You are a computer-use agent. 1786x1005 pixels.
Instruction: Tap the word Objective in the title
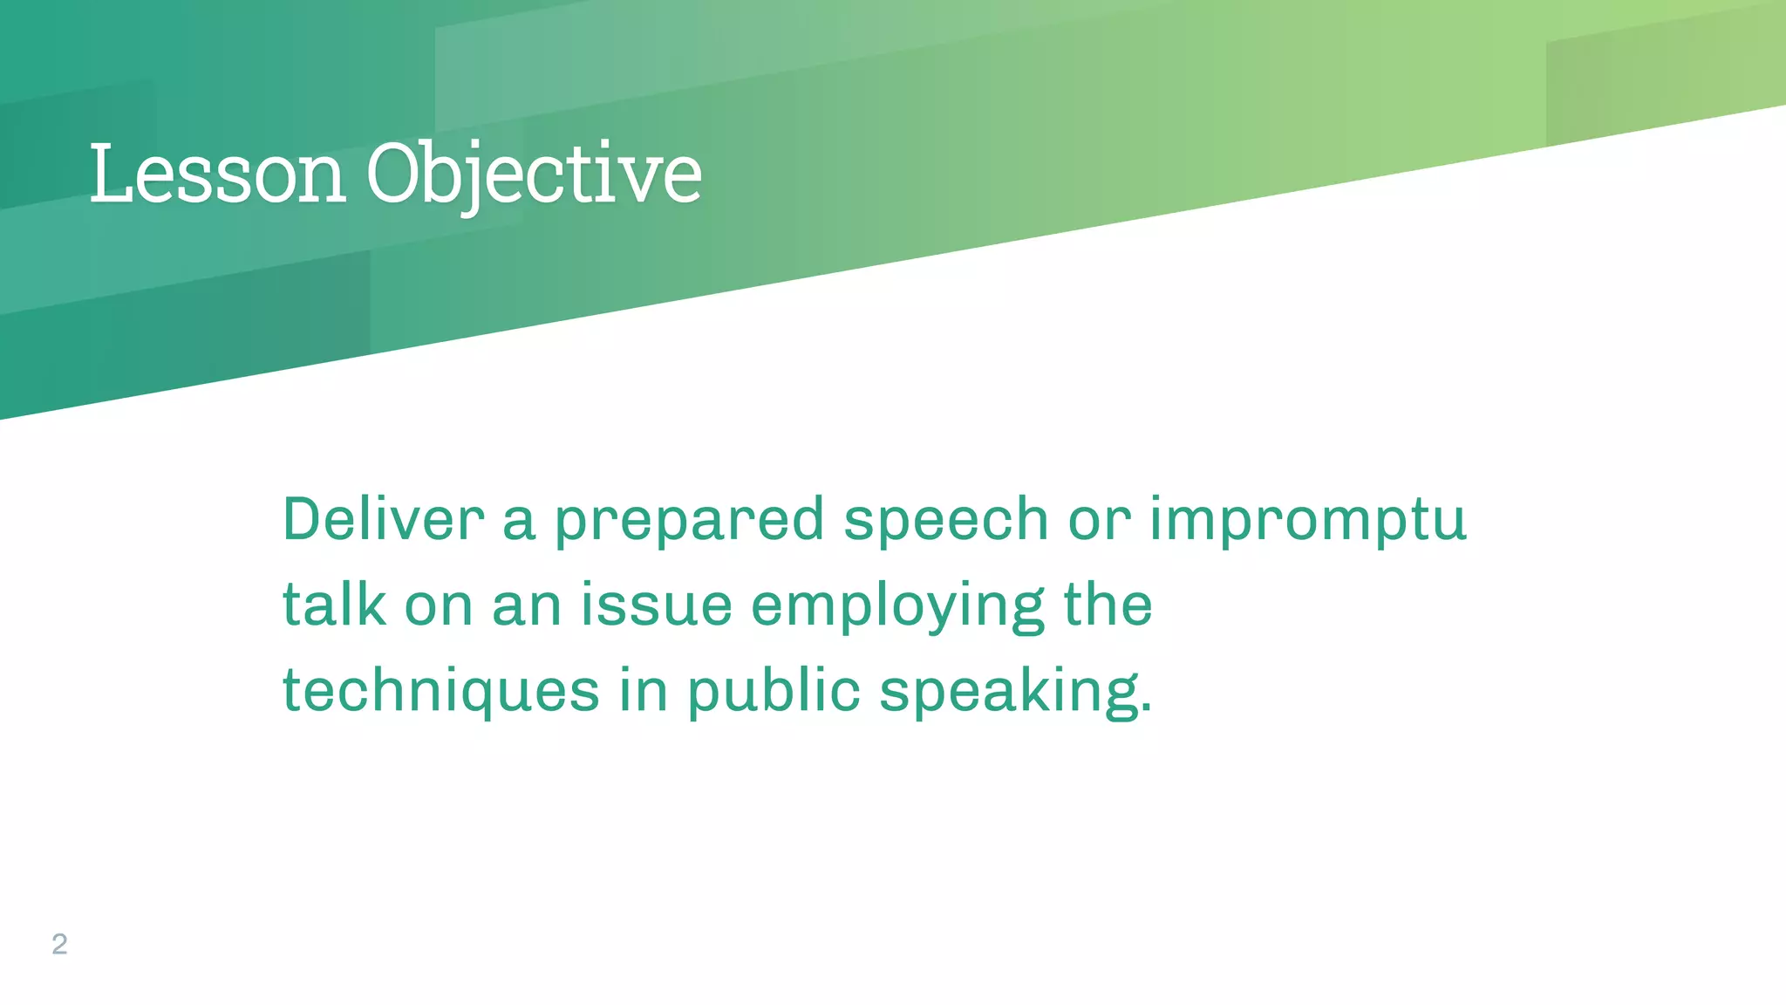click(534, 174)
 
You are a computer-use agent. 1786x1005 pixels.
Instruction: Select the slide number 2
click(59, 944)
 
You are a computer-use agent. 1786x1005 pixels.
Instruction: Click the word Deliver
click(383, 519)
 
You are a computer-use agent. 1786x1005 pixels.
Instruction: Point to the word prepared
click(689, 521)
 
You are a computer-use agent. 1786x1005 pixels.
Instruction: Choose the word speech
click(946, 521)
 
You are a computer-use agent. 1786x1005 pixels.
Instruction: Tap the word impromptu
click(1308, 521)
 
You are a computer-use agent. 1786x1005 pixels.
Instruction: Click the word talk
click(334, 605)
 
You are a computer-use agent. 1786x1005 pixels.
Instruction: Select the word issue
click(657, 605)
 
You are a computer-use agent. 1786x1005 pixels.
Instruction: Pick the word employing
click(897, 606)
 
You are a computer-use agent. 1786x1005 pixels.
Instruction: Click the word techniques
click(441, 691)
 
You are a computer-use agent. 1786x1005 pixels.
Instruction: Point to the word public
click(774, 691)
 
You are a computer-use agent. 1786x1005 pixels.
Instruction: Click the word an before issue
click(527, 606)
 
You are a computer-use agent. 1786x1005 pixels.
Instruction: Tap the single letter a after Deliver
click(518, 521)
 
